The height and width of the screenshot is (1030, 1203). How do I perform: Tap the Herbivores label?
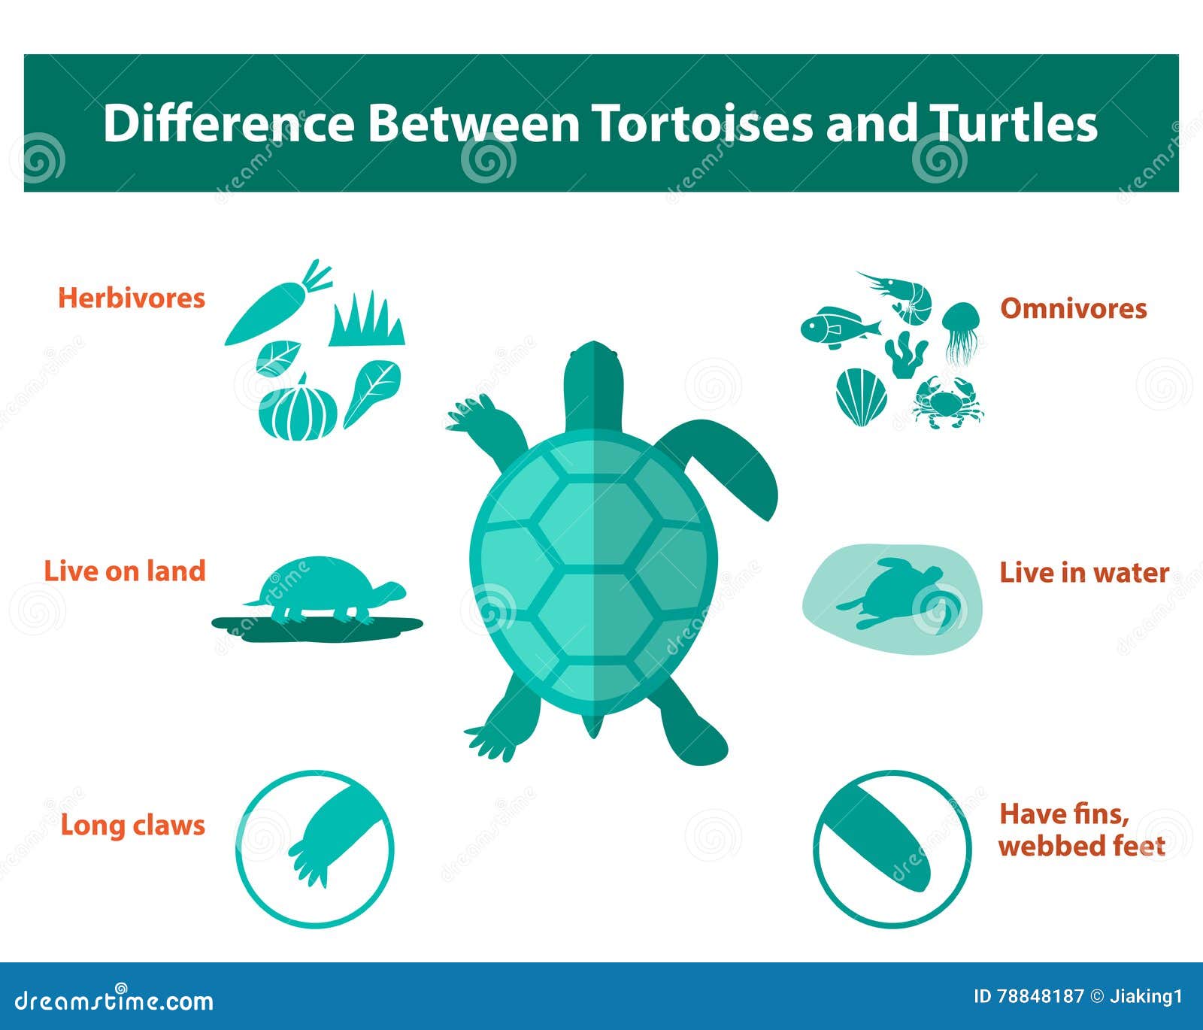(x=132, y=298)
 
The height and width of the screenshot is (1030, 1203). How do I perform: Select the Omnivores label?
(x=1073, y=308)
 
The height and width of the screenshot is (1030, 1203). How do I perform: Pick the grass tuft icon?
(x=368, y=322)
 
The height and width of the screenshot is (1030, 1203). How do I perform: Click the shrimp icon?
(x=902, y=295)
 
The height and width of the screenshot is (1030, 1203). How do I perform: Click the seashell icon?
(x=861, y=396)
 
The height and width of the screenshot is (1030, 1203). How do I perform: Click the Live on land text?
(x=125, y=571)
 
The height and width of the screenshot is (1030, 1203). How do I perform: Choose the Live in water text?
(x=1083, y=573)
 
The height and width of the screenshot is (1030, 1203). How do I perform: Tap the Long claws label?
(x=132, y=825)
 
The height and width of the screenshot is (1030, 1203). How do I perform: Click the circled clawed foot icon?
(x=316, y=848)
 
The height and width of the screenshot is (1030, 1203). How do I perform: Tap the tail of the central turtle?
(x=593, y=726)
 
